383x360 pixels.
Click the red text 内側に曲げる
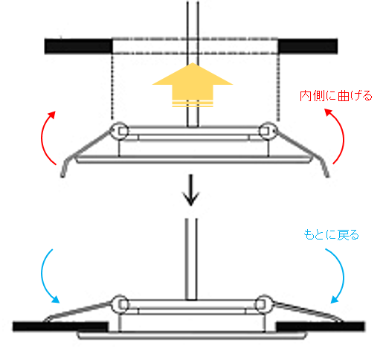pos(336,96)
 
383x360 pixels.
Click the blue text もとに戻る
pos(331,235)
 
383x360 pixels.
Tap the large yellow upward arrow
pos(193,85)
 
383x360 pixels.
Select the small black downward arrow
pos(190,190)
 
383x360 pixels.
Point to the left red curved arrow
pos(42,138)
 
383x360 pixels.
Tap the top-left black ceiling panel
pos(78,46)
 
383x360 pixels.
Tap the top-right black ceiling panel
pos(308,46)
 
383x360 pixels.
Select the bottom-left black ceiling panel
pos(61,327)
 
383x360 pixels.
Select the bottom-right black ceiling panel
pos(321,327)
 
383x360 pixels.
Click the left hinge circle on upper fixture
pos(120,131)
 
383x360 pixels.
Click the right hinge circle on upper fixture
pos(268,131)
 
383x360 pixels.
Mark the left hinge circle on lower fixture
pos(120,304)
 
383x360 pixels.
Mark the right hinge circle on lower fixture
pos(264,304)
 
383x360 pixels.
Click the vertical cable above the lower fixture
pos(191,260)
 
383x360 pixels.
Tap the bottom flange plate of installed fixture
pos(192,335)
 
